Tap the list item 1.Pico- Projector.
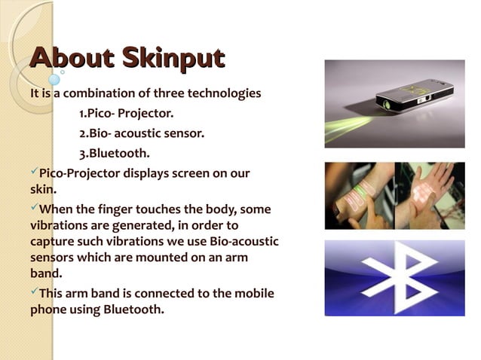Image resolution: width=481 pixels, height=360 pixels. click(x=126, y=114)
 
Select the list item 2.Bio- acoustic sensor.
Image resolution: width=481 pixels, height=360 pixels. click(x=142, y=134)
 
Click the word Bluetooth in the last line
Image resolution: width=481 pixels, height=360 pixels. click(x=133, y=309)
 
